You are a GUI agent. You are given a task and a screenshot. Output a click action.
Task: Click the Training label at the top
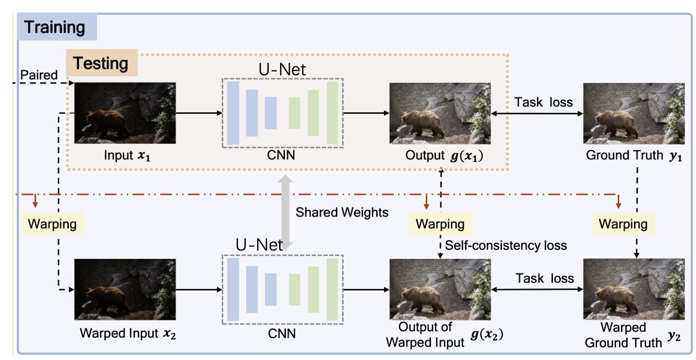pyautogui.click(x=54, y=27)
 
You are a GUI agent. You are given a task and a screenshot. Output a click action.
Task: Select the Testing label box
pyautogui.click(x=101, y=64)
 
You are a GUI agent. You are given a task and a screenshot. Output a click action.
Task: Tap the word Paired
pyautogui.click(x=39, y=76)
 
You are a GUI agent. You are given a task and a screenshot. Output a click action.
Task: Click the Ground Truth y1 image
pyautogui.click(x=633, y=113)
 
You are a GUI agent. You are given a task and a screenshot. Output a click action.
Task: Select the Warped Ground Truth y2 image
pyautogui.click(x=633, y=289)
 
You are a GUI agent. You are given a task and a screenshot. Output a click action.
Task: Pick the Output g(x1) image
pyautogui.click(x=440, y=113)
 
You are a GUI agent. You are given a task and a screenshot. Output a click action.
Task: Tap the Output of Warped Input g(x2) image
pyautogui.click(x=440, y=289)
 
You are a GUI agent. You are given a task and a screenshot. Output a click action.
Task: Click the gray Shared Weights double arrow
pyautogui.click(x=285, y=209)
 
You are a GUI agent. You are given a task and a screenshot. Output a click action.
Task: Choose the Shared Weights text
pyautogui.click(x=342, y=212)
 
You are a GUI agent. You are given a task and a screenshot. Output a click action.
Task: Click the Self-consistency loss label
pyautogui.click(x=506, y=245)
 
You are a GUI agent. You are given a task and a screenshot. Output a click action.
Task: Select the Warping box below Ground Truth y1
pyautogui.click(x=623, y=224)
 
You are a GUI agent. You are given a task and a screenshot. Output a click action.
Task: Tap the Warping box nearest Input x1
pyautogui.click(x=52, y=224)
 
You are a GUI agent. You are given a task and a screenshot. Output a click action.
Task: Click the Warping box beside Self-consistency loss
pyautogui.click(x=440, y=224)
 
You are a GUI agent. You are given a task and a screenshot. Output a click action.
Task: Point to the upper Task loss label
pyautogui.click(x=543, y=102)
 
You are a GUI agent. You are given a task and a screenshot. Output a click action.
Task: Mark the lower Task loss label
pyautogui.click(x=544, y=279)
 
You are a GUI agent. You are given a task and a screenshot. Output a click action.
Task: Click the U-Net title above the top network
pyautogui.click(x=282, y=69)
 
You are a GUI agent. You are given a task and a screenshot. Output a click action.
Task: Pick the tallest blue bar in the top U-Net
pyautogui.click(x=233, y=113)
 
